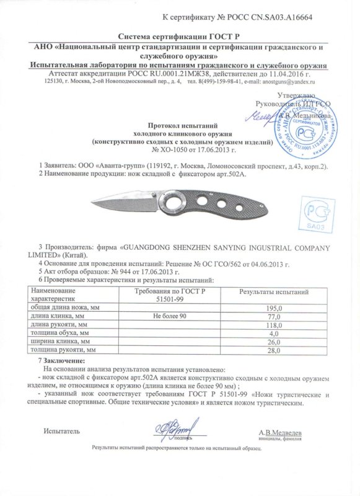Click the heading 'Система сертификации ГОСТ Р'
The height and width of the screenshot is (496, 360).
point(180,37)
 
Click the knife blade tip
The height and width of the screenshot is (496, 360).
point(93,200)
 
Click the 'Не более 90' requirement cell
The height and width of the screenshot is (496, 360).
point(169,317)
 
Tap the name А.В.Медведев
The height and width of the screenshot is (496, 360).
point(280,432)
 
